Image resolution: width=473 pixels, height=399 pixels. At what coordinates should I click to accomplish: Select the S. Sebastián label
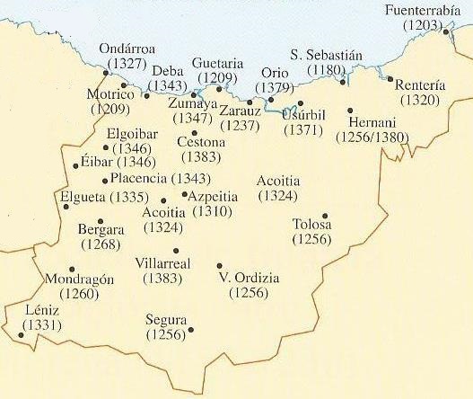coord(328,55)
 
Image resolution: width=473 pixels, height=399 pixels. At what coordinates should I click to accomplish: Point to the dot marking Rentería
coord(390,80)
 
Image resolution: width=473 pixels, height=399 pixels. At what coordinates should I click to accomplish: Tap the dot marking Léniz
coord(21,335)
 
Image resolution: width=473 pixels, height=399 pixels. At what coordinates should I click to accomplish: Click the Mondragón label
coord(79,279)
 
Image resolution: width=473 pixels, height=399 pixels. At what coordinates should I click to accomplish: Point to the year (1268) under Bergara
coord(100,244)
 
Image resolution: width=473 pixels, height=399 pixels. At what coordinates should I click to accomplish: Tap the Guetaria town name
coord(220,63)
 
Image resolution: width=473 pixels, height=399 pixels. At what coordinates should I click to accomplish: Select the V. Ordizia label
coord(249,278)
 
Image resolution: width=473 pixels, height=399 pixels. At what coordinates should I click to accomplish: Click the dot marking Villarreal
coord(176,251)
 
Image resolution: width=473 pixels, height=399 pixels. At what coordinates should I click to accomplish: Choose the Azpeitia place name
coord(211,195)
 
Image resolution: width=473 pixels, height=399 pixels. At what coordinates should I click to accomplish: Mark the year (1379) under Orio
coord(275,87)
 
